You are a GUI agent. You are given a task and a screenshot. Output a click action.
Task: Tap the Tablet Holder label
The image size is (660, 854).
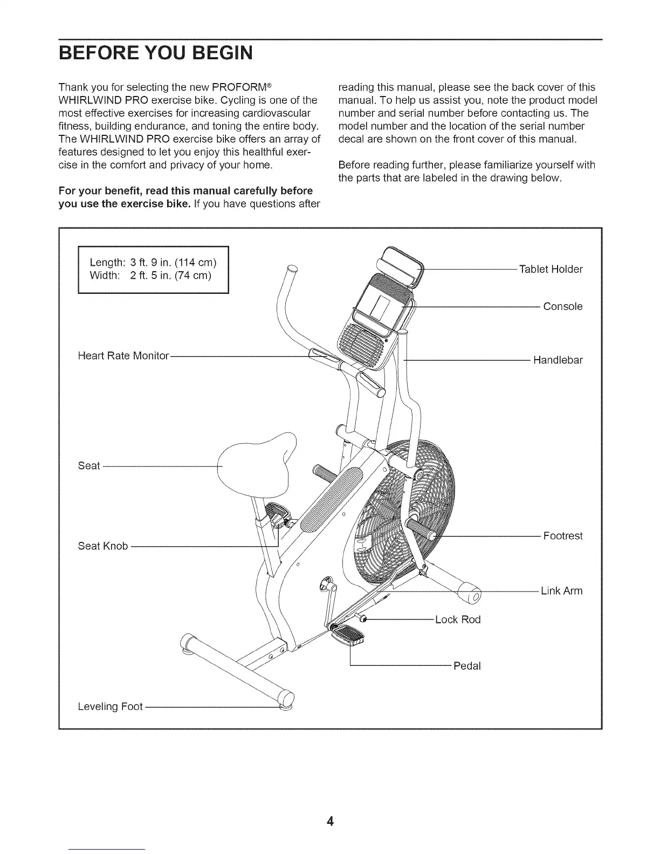point(550,269)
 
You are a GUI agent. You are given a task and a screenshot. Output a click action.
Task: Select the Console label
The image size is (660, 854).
point(562,307)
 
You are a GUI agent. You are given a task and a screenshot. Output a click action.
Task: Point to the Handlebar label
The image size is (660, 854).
point(558,360)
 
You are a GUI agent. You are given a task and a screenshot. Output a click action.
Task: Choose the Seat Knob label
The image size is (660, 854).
point(103,546)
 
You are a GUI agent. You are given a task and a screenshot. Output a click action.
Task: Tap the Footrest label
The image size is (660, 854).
point(562,536)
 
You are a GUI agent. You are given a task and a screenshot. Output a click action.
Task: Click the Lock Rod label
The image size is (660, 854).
point(457,619)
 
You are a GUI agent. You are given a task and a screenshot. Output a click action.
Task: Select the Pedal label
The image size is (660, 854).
point(466,666)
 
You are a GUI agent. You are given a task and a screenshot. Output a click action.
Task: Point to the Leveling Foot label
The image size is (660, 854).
point(111,706)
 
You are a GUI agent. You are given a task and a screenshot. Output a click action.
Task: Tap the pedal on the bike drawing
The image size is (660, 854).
point(349,636)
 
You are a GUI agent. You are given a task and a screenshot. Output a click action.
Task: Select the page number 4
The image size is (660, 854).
point(330,822)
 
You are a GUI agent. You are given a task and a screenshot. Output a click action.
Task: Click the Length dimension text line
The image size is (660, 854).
point(153,263)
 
